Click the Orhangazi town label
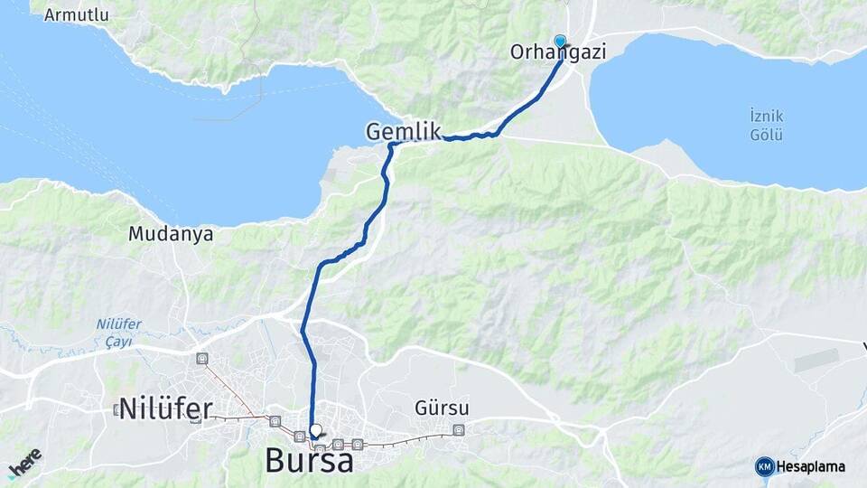557,53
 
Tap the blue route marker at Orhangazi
560,42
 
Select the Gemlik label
403,132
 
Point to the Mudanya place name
171,234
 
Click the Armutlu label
76,14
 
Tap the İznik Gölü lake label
766,126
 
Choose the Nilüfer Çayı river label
114,333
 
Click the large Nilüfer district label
165,408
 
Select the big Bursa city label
309,461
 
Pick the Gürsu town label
442,408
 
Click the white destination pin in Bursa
315,432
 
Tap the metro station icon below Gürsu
459,430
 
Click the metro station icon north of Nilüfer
201,359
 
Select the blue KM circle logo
764,466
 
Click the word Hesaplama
811,467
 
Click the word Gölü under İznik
766,136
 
